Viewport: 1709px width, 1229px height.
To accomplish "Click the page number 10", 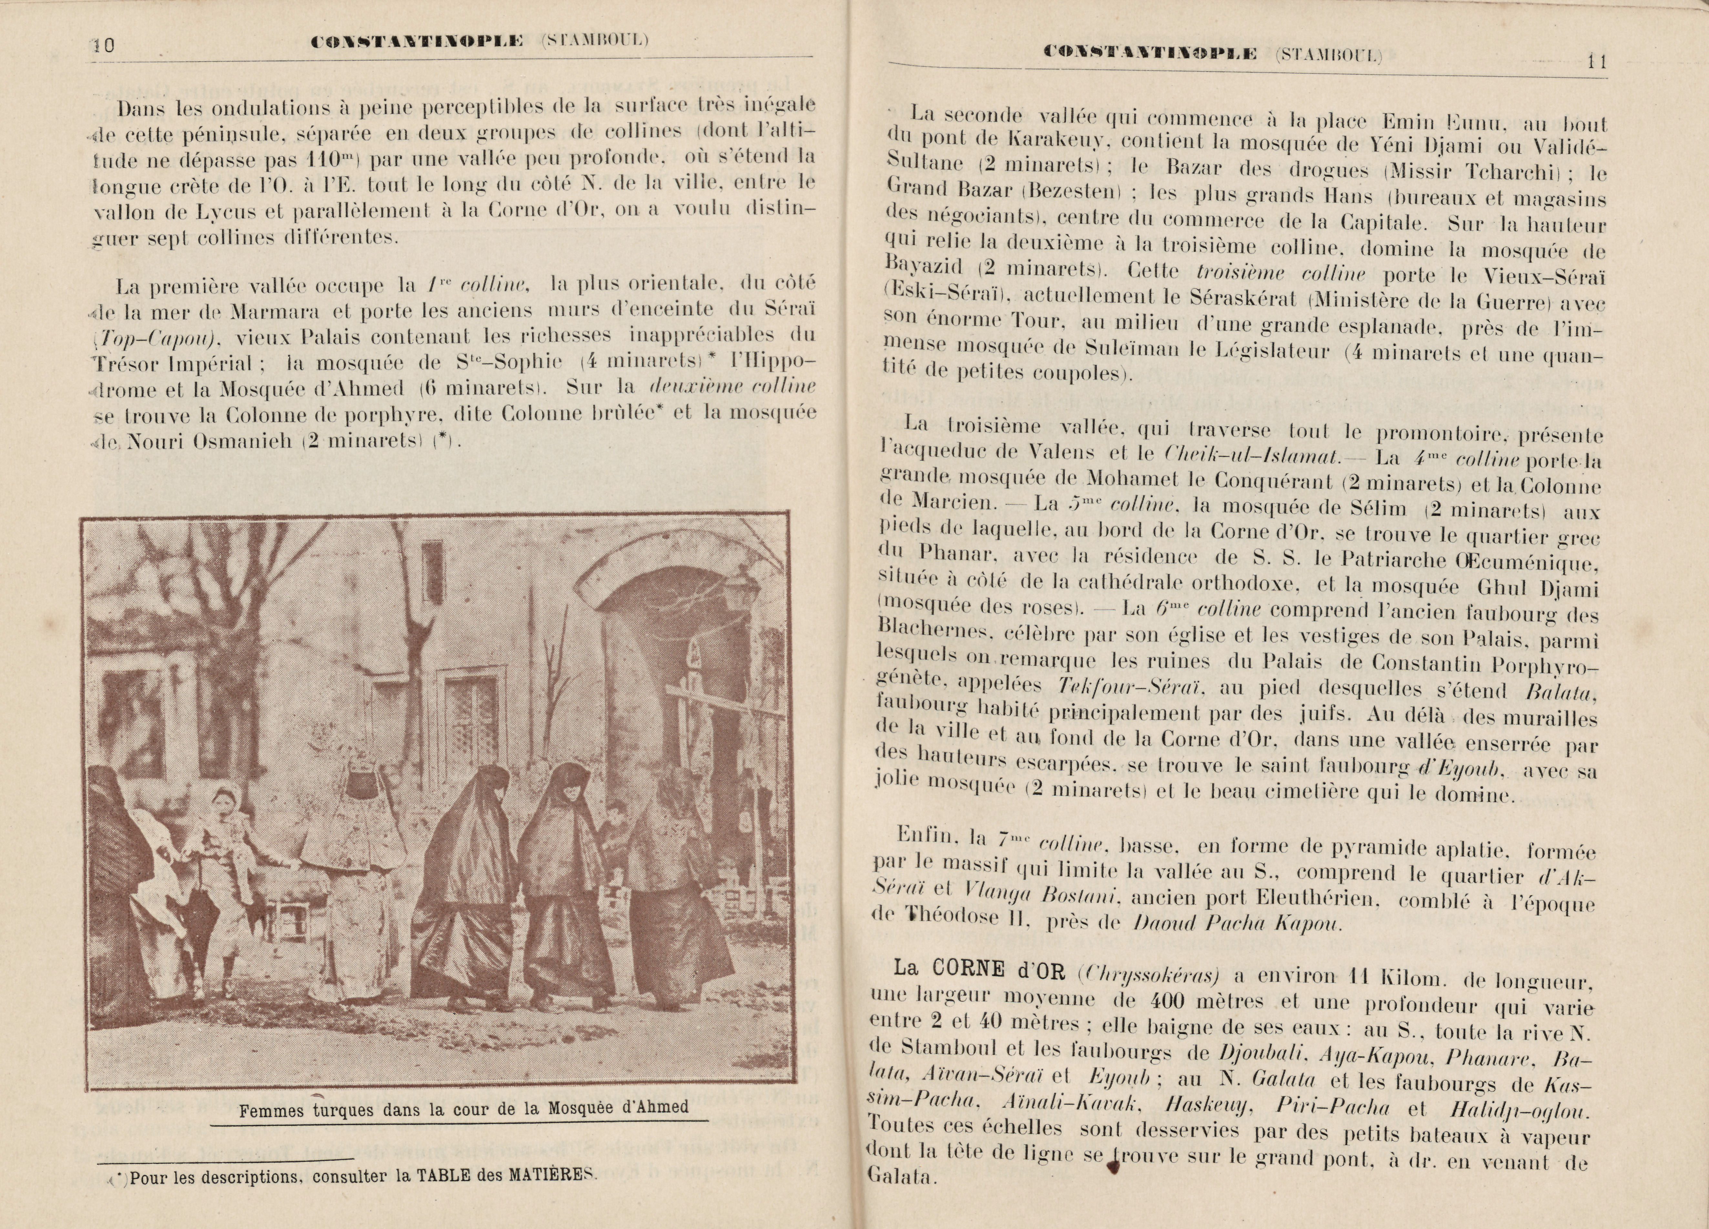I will click(103, 45).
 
